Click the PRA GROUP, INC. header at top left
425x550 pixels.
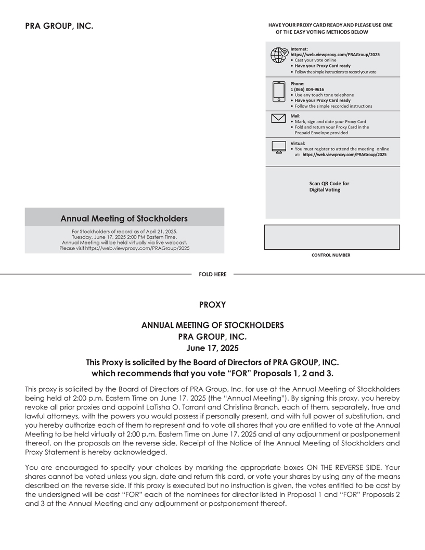coord(59,27)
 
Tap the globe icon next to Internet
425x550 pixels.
coord(279,55)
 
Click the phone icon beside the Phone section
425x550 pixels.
coord(279,92)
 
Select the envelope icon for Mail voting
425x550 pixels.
coord(279,118)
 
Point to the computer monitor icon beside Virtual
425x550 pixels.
coord(279,147)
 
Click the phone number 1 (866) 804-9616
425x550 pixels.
coord(307,89)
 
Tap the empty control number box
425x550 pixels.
coord(332,237)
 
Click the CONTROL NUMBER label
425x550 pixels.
coord(331,255)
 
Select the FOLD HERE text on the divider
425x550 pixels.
coord(213,274)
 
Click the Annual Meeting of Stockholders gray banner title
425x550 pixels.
coord(124,219)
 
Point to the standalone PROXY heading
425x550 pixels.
coord(212,304)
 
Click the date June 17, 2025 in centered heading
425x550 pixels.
coord(212,348)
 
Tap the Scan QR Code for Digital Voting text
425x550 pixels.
coord(329,186)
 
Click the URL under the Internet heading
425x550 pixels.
coord(335,54)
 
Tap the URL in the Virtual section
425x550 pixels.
coord(344,155)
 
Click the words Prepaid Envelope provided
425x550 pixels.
coord(321,133)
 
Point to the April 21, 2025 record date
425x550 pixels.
coord(158,231)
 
